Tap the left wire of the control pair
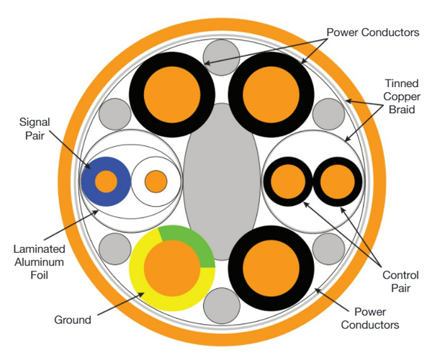[287, 180]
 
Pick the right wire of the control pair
[335, 180]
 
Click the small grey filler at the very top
[222, 55]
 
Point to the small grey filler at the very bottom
[222, 307]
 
